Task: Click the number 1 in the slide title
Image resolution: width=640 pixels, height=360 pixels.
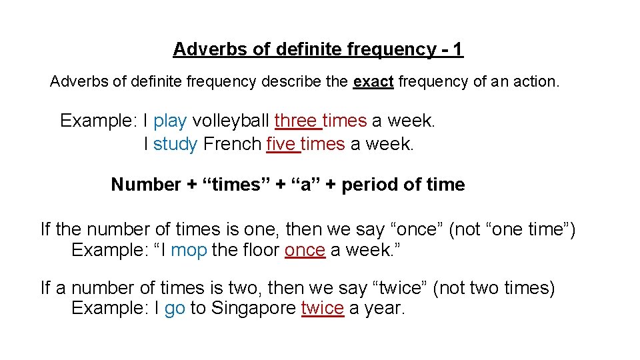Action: click(x=457, y=49)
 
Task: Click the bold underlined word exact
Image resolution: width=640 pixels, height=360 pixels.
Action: click(x=373, y=82)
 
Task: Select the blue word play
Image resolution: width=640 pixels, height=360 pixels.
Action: click(x=170, y=121)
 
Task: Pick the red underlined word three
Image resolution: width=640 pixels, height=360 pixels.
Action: click(x=296, y=121)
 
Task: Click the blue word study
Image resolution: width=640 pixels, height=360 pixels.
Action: click(x=175, y=145)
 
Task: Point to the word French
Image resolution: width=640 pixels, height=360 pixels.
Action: click(x=232, y=145)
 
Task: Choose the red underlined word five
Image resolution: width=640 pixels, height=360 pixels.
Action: click(x=281, y=145)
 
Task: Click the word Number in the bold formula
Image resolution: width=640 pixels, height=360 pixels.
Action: click(x=146, y=185)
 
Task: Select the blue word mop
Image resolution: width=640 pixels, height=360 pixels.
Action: click(x=189, y=251)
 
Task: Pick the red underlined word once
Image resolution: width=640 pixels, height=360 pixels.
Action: click(x=305, y=251)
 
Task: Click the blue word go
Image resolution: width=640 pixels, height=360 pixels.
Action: click(x=175, y=309)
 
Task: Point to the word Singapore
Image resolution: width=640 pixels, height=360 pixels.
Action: click(x=253, y=309)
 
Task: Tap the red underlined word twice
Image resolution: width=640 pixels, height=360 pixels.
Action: click(x=323, y=309)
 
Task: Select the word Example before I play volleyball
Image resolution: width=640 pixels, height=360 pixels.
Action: click(x=98, y=121)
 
